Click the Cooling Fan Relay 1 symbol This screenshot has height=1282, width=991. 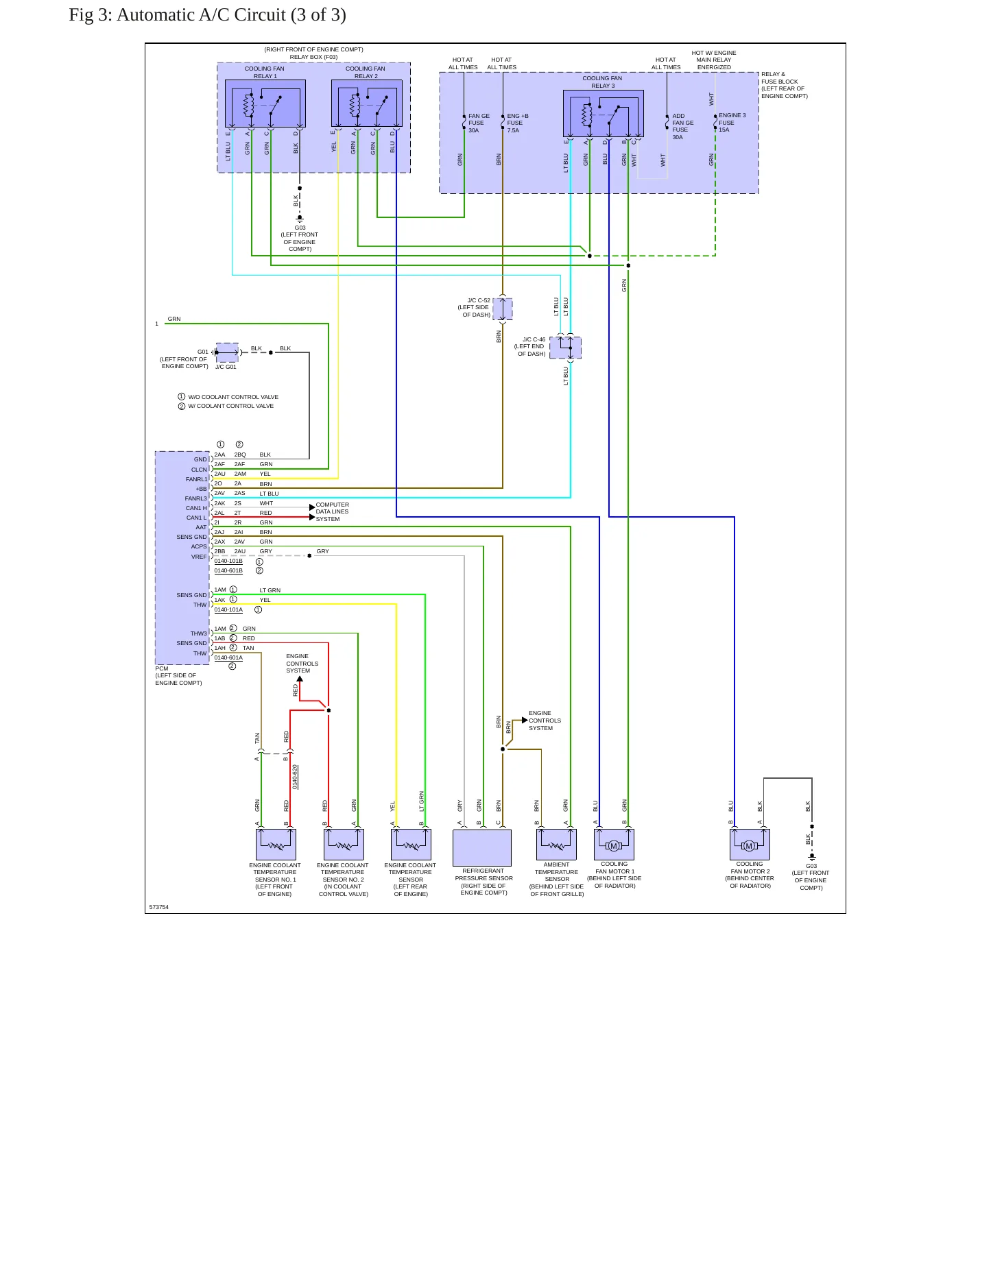[265, 104]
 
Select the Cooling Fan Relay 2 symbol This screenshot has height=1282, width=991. [367, 104]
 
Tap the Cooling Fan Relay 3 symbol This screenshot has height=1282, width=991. [604, 114]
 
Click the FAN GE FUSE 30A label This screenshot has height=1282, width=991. [479, 123]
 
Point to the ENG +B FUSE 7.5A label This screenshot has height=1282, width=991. [518, 123]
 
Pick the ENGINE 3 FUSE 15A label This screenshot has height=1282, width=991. [732, 122]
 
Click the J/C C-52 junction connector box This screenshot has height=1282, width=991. [503, 309]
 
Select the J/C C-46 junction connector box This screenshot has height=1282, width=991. [565, 348]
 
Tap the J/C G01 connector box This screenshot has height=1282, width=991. [227, 352]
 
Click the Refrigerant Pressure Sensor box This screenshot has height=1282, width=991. [482, 847]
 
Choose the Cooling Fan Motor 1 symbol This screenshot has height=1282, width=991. [614, 844]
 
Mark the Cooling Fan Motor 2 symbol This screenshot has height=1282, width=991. [750, 844]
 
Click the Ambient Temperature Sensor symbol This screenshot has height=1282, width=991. [556, 844]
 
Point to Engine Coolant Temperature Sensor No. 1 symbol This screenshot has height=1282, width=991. [276, 844]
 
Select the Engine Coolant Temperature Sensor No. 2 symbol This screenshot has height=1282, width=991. [344, 844]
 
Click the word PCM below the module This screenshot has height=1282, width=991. [162, 668]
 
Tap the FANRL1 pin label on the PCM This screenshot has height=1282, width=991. [196, 479]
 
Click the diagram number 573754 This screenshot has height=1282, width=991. [159, 907]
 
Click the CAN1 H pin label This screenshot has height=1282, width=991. [196, 508]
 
